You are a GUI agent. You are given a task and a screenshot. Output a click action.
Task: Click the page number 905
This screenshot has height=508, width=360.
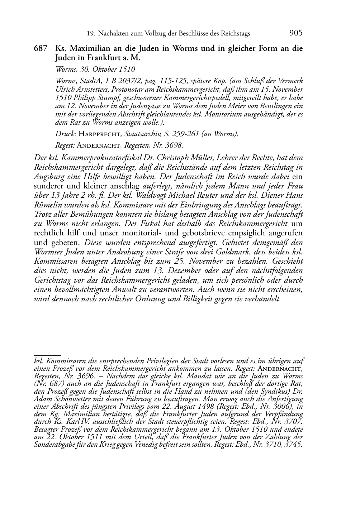295,33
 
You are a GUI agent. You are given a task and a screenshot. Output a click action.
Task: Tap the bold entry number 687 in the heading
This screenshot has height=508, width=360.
41,48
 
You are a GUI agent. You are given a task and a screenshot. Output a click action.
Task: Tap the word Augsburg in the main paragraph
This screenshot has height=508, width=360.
49,177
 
